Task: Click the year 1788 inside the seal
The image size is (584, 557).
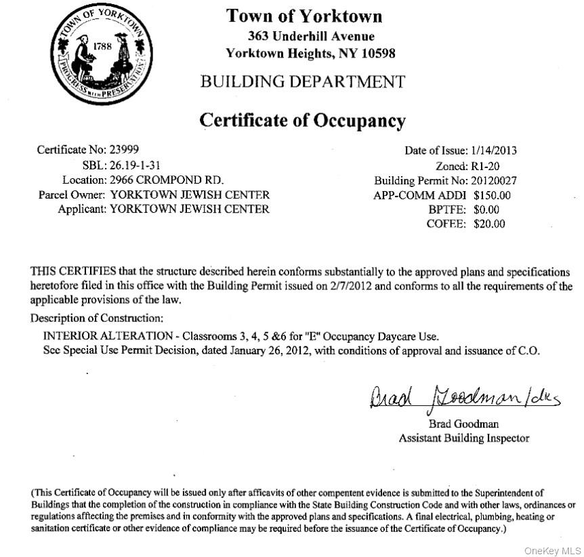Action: pyautogui.click(x=102, y=47)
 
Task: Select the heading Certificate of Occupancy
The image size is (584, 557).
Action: pyautogui.click(x=302, y=121)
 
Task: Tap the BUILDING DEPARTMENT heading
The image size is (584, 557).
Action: pyautogui.click(x=302, y=82)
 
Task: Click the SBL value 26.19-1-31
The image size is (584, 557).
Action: pyautogui.click(x=135, y=165)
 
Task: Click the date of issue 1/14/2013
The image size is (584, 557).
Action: pyautogui.click(x=494, y=151)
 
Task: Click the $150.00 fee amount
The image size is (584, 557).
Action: pyautogui.click(x=492, y=195)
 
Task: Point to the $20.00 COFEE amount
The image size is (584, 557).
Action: pyautogui.click(x=489, y=224)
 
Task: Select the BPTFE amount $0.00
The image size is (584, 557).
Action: pyautogui.click(x=486, y=210)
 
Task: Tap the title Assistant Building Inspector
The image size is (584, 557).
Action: pyautogui.click(x=464, y=438)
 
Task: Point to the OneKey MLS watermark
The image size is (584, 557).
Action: pyautogui.click(x=553, y=550)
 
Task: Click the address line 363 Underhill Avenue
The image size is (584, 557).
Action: pyautogui.click(x=311, y=37)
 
